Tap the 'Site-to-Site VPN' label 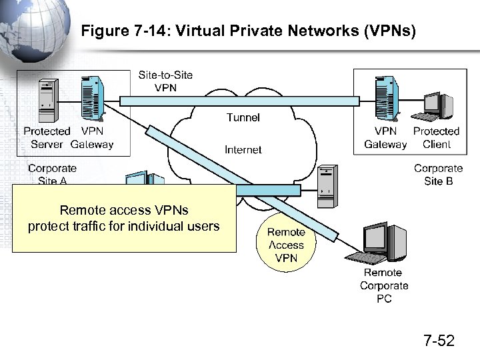(x=165, y=81)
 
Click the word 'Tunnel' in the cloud (x=243, y=117)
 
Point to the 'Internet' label (x=243, y=149)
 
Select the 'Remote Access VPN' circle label (x=286, y=245)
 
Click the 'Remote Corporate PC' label (x=384, y=285)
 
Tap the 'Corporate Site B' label (x=438, y=175)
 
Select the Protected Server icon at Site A (x=47, y=97)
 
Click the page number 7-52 (x=439, y=341)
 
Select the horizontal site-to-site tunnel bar (x=240, y=101)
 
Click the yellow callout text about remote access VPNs (x=123, y=219)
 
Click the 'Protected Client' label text (x=437, y=138)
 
